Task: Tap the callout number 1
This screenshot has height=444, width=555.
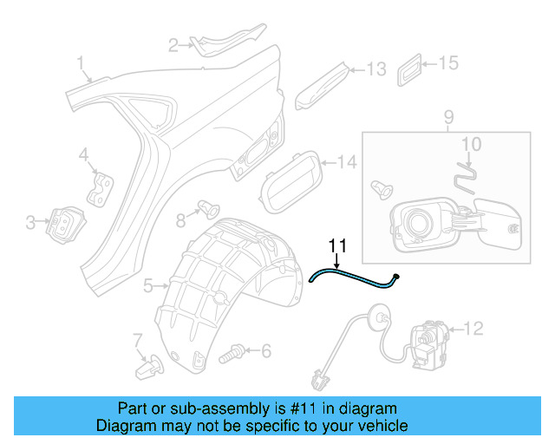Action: (x=81, y=62)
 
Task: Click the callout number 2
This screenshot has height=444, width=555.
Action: (x=173, y=44)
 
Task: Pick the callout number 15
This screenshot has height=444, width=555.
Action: (x=447, y=63)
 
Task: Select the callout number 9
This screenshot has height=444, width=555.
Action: (x=448, y=116)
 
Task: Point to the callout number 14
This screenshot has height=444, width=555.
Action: (x=346, y=161)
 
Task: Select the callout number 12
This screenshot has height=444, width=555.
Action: (x=473, y=328)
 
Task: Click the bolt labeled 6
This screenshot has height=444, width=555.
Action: (x=232, y=352)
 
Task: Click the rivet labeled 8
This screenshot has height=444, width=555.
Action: (x=208, y=207)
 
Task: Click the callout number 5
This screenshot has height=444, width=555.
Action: (x=149, y=284)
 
